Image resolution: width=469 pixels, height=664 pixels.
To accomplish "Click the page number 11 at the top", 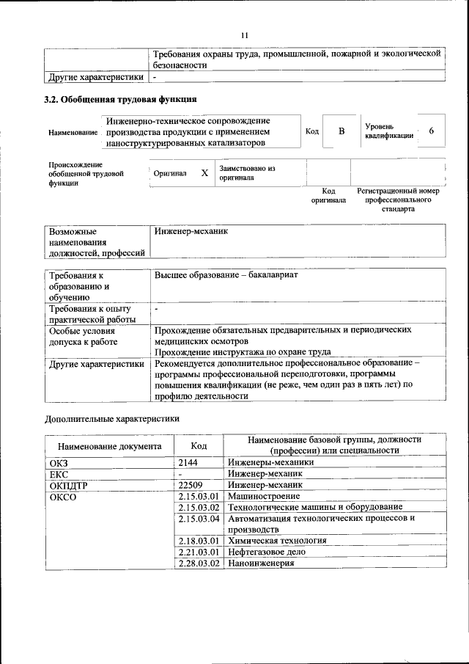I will (245, 34).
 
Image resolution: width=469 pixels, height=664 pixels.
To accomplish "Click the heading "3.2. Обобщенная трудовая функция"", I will (120, 100).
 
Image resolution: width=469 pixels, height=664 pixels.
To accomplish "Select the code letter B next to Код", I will (341, 131).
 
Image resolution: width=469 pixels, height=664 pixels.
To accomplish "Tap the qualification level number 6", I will (432, 131).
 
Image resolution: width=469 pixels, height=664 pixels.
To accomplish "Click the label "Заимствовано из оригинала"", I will (246, 173).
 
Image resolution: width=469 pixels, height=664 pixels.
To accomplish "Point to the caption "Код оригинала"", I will (328, 195).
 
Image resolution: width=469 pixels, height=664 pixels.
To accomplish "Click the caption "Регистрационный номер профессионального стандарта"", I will (398, 200).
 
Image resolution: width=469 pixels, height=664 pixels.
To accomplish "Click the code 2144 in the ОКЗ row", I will (188, 462).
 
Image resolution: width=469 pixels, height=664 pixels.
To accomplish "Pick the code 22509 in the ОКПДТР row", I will (191, 485).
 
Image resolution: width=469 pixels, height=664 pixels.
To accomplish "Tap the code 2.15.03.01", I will (199, 496).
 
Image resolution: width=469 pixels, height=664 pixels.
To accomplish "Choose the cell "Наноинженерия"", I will (261, 563).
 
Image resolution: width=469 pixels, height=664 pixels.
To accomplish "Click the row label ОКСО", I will (63, 497).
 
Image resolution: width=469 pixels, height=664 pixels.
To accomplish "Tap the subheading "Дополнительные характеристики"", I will (112, 418).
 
